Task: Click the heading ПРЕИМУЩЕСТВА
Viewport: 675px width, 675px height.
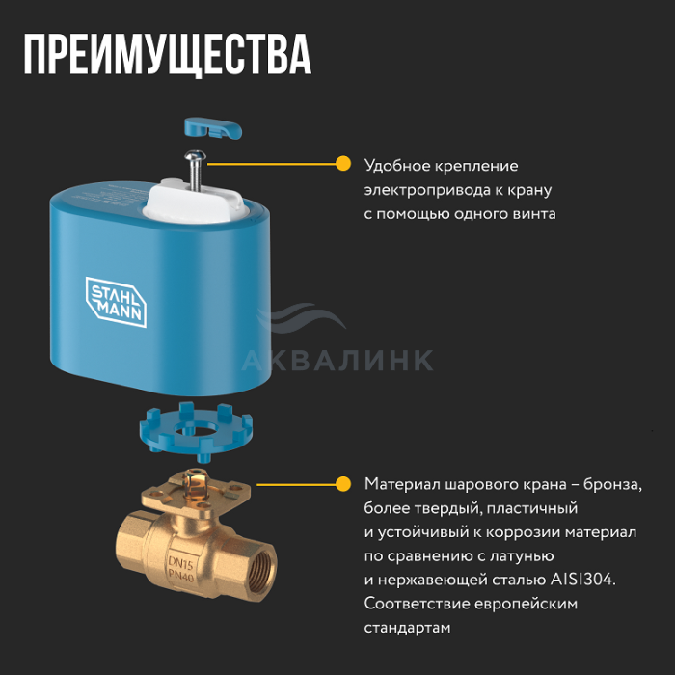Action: [167, 55]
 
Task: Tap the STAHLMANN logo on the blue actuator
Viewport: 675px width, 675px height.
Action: [117, 302]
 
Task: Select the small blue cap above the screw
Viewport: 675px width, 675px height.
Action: [213, 128]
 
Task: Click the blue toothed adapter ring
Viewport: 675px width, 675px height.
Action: [196, 431]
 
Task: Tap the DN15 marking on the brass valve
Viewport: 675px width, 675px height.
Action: [181, 562]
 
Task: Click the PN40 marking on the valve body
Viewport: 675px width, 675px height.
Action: [181, 575]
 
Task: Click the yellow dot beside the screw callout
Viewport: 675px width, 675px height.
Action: [343, 164]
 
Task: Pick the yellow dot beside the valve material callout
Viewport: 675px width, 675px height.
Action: [343, 484]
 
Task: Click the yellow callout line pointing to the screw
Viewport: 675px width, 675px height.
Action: [272, 164]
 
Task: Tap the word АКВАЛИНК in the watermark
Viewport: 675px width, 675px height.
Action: [337, 361]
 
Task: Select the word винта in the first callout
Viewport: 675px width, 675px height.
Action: [534, 214]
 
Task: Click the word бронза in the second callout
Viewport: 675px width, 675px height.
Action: [612, 484]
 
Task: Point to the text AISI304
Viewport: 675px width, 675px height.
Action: [582, 580]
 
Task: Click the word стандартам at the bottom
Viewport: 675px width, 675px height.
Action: [407, 628]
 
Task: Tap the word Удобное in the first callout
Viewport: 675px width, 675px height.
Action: [397, 166]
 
